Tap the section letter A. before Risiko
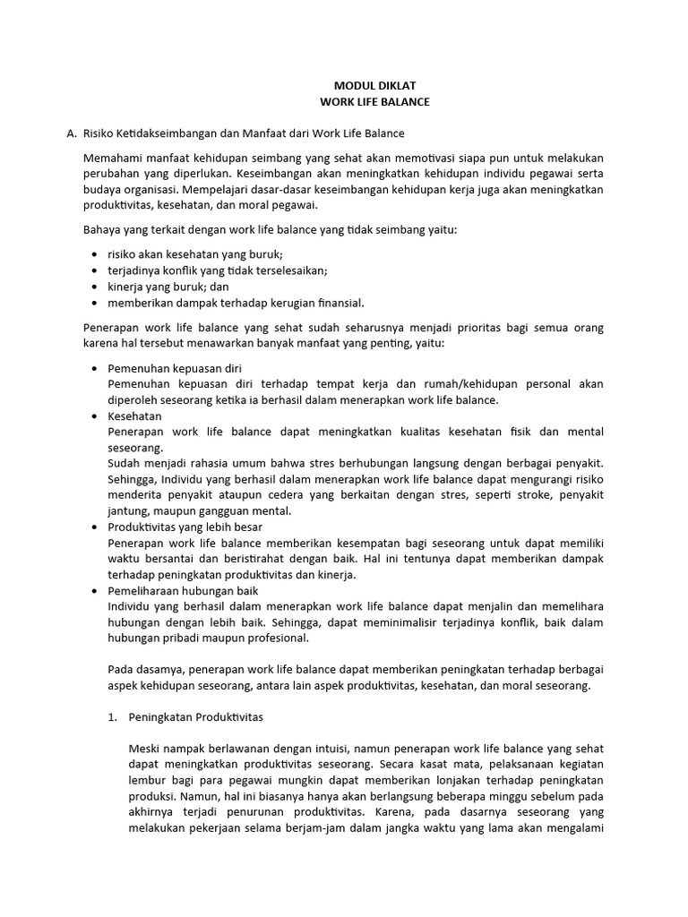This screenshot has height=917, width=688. click(72, 133)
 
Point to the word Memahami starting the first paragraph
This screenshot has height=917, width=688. click(110, 158)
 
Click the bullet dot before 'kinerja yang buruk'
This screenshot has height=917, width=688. click(96, 287)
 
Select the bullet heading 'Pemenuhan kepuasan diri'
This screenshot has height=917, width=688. click(174, 368)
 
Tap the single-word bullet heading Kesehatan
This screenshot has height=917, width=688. click(134, 416)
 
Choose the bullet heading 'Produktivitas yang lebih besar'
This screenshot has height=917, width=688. click(185, 527)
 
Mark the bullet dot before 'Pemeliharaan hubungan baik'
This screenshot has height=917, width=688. click(96, 591)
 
